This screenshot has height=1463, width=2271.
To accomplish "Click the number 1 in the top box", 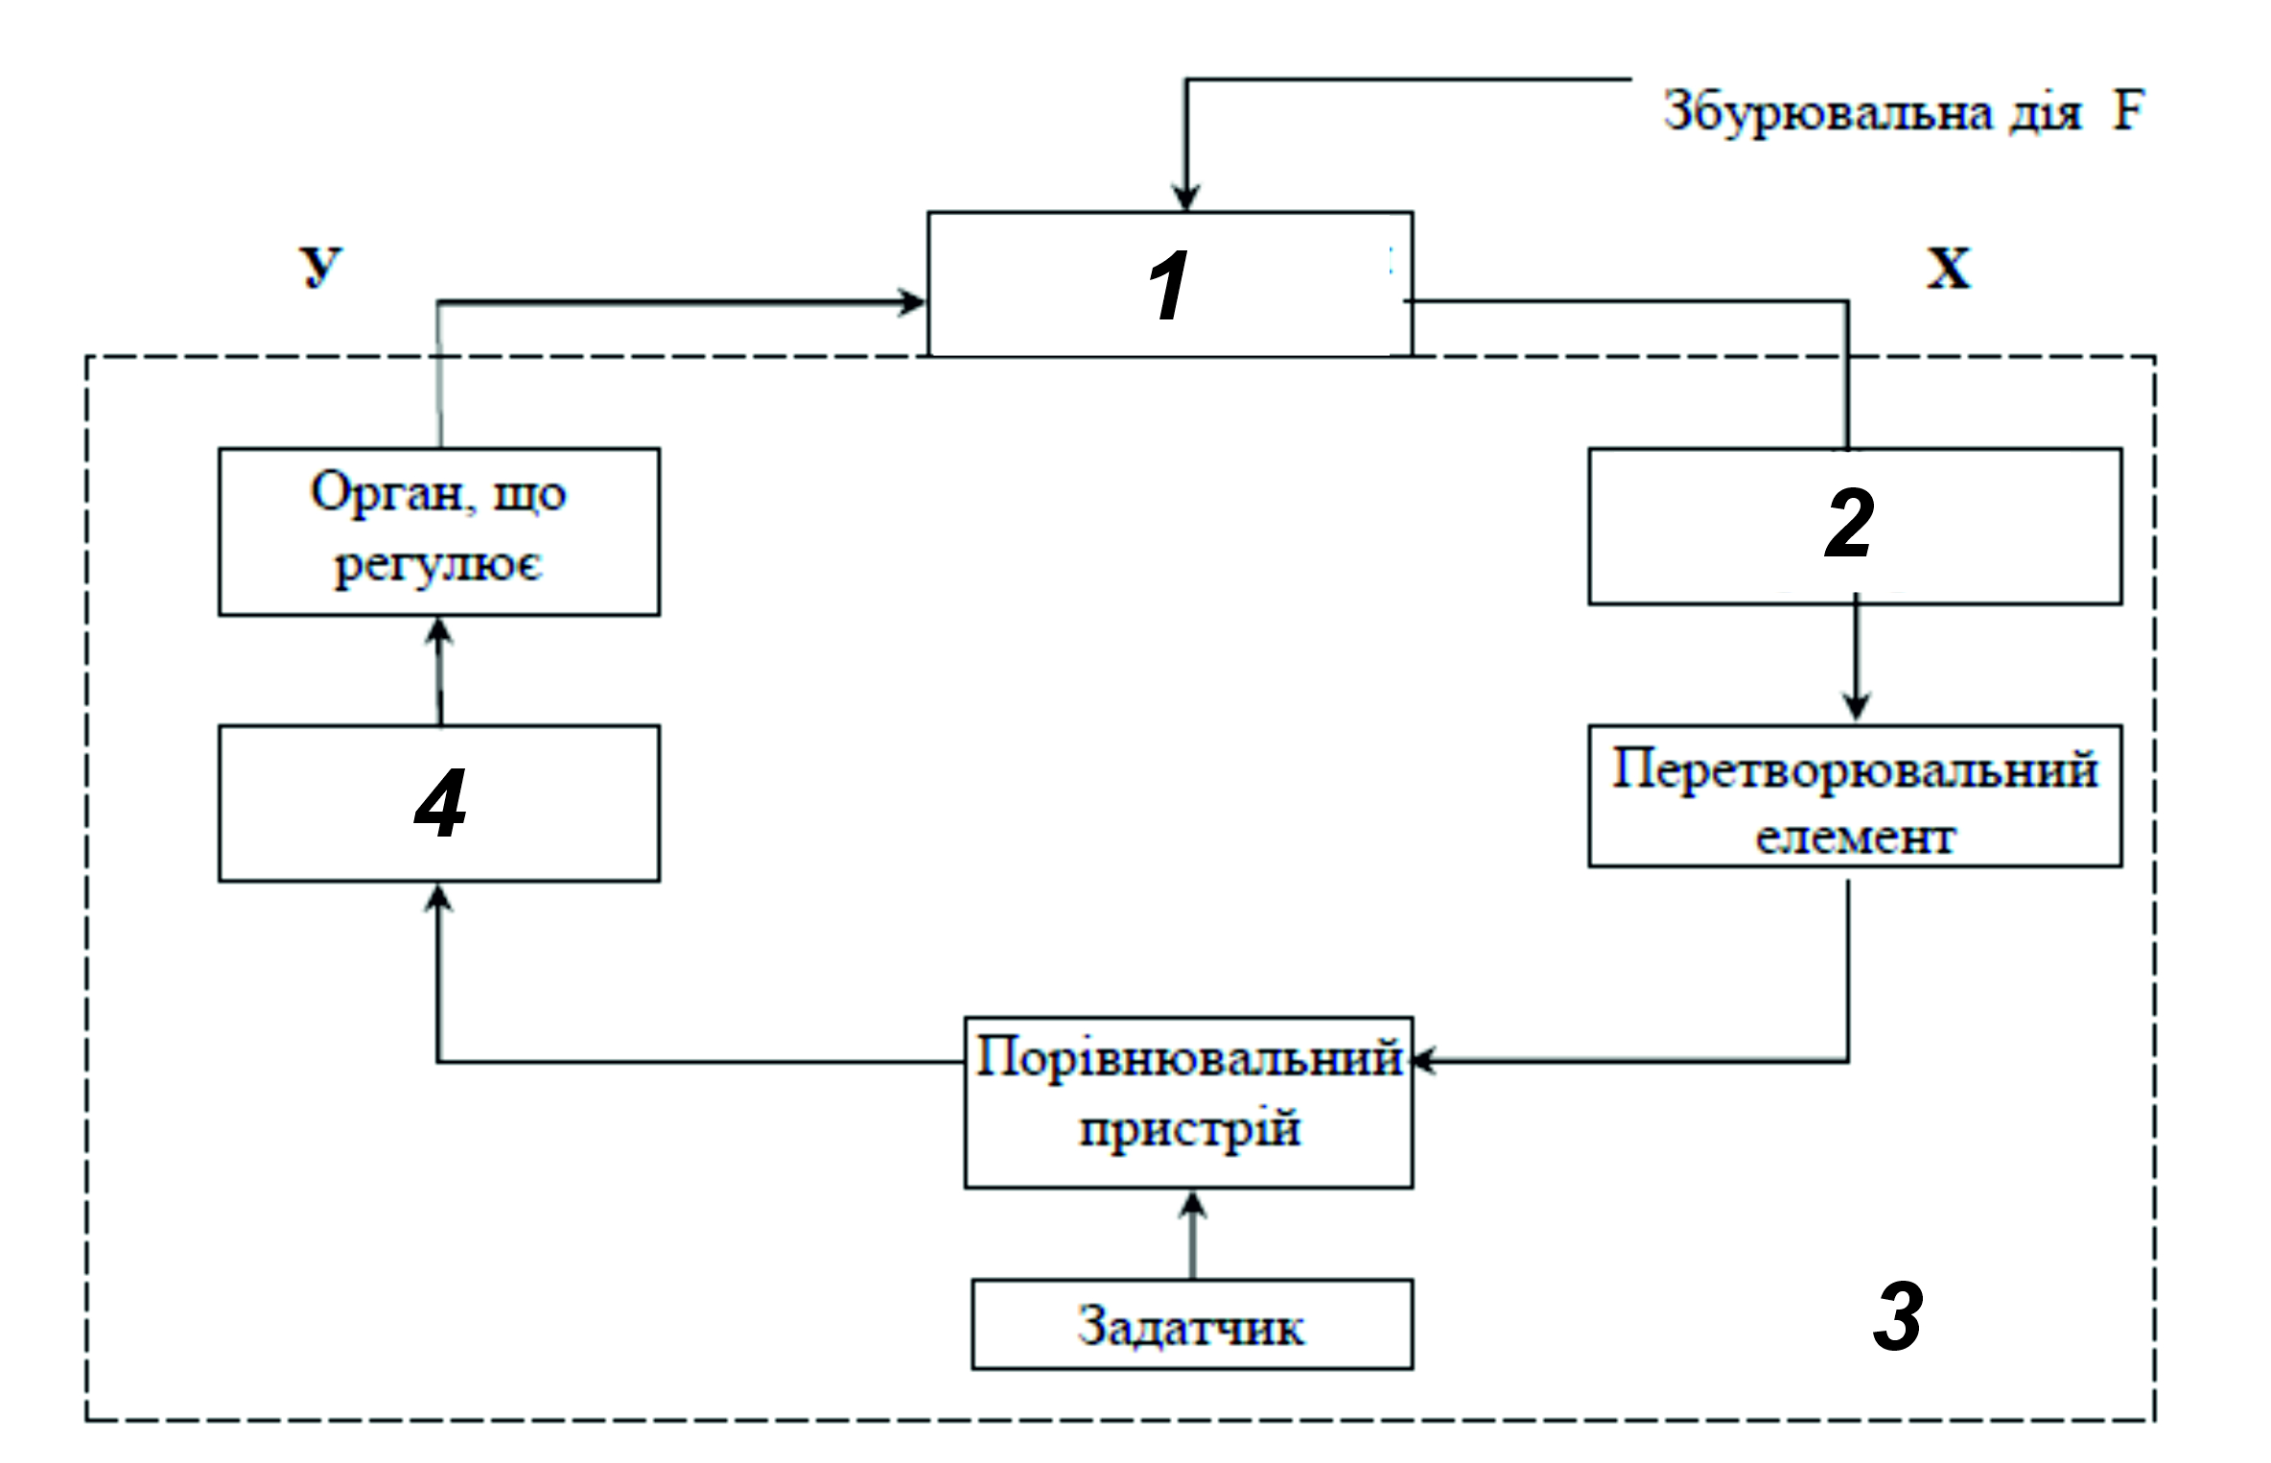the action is pos(1168,285).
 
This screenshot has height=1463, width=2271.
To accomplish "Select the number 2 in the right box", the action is pos(1848,523).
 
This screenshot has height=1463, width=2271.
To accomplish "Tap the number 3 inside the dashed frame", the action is pos(1898,1316).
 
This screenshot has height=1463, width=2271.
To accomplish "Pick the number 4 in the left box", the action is pos(440,803).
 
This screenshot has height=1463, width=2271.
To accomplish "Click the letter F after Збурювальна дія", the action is pos(2128,110).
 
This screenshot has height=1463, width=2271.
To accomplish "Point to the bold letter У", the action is pos(320,267).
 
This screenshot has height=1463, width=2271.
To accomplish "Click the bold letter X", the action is pos(1949,268).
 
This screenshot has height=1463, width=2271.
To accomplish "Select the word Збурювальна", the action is pos(1828,113).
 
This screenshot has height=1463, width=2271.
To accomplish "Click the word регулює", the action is pos(438,565).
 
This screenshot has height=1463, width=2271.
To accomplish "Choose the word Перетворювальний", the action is pos(1855,769).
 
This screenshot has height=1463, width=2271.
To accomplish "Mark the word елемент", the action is pos(1855,838).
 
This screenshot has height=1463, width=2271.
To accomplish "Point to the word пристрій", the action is pos(1189,1128).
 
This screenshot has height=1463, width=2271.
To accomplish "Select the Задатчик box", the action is pos(1192,1324).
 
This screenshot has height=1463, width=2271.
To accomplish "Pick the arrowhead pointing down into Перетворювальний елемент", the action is pos(1856,706).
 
